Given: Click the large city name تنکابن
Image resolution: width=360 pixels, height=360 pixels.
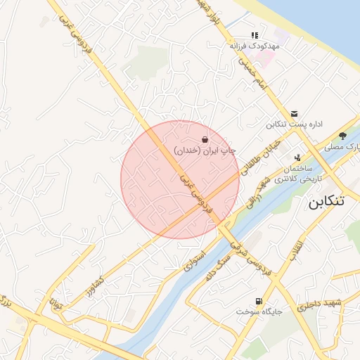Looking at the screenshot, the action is tap(327, 201).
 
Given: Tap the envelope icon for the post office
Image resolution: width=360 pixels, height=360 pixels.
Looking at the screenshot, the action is tap(294, 114).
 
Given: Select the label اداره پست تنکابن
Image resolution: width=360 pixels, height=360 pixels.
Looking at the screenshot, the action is tap(294, 124).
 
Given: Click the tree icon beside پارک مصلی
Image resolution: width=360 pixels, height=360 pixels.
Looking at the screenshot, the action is tap(342, 136).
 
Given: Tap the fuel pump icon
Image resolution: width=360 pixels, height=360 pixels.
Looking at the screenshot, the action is tap(242, 300).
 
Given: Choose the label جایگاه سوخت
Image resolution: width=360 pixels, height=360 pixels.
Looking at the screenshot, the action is tap(259, 310).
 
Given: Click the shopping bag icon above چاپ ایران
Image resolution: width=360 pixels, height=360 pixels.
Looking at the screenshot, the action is tap(204, 140).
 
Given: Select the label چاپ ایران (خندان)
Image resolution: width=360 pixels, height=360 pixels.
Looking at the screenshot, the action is tap(205, 150).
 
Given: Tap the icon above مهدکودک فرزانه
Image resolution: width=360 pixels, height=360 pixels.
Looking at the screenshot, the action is tap(255, 34).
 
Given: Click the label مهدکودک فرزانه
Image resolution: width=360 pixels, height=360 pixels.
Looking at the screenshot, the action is tap(255, 45).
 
